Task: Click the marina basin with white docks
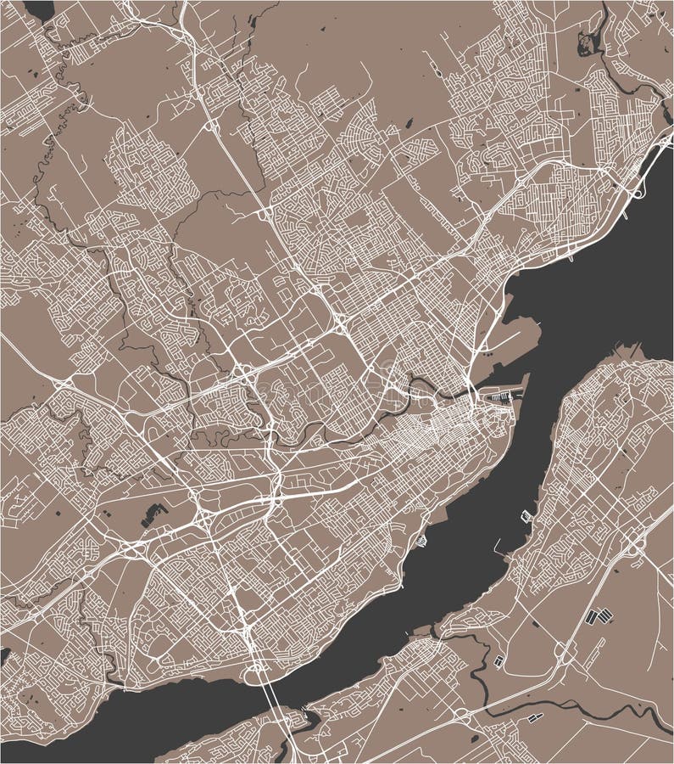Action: tap(501, 396)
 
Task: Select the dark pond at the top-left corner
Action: tap(38, 9)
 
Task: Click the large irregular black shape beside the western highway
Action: tap(153, 513)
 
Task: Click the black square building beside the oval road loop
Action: tap(498, 660)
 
